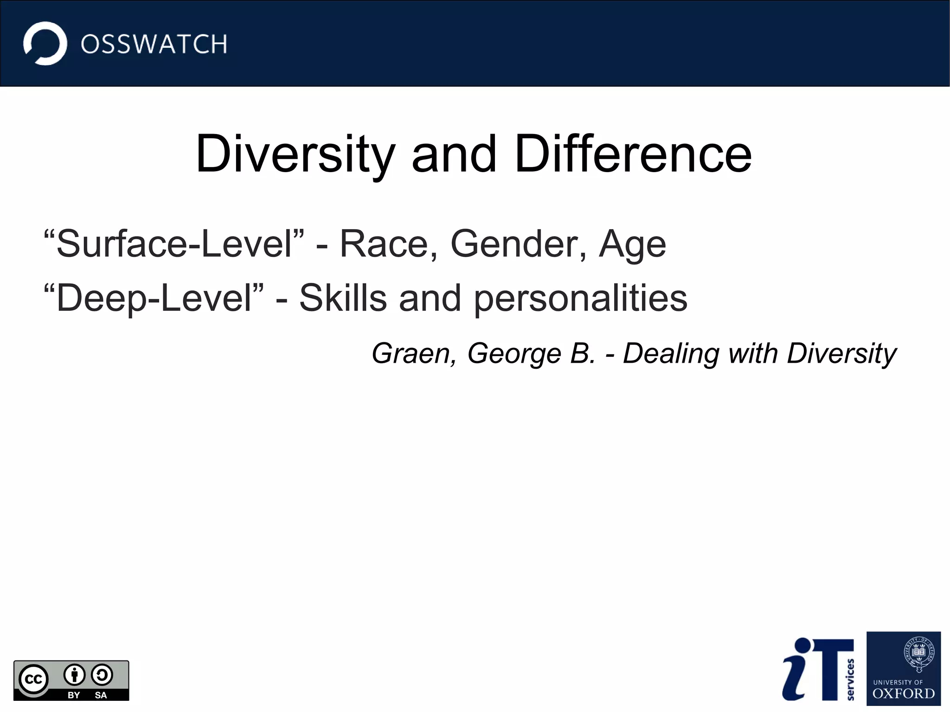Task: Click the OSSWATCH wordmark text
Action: coord(154,45)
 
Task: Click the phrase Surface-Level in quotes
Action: coord(174,244)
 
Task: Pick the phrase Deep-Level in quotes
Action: coord(154,298)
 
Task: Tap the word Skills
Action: coord(343,298)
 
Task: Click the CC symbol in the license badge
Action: coord(33,680)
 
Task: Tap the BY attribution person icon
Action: coord(74,675)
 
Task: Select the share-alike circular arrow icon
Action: coord(102,675)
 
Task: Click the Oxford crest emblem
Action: coord(918,654)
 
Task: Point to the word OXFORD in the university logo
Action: coord(903,694)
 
